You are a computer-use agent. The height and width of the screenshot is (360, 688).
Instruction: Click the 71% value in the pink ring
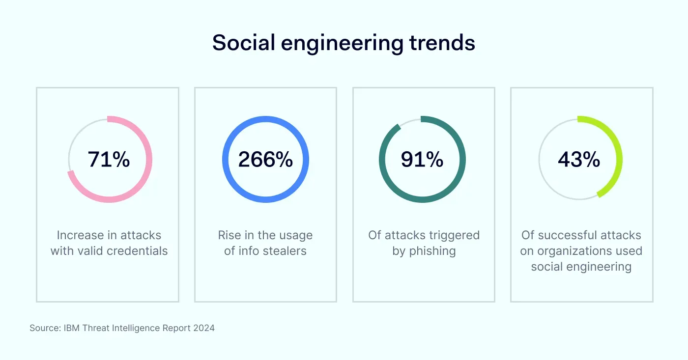tap(109, 160)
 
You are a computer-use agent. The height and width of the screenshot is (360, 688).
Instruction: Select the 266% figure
tap(265, 160)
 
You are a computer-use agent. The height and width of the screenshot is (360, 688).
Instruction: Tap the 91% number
tap(422, 160)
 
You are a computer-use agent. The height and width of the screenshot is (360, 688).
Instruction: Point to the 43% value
tap(579, 160)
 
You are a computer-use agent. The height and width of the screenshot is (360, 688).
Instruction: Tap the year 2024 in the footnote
tap(204, 328)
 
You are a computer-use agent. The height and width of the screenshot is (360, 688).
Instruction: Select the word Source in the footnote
tap(45, 328)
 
